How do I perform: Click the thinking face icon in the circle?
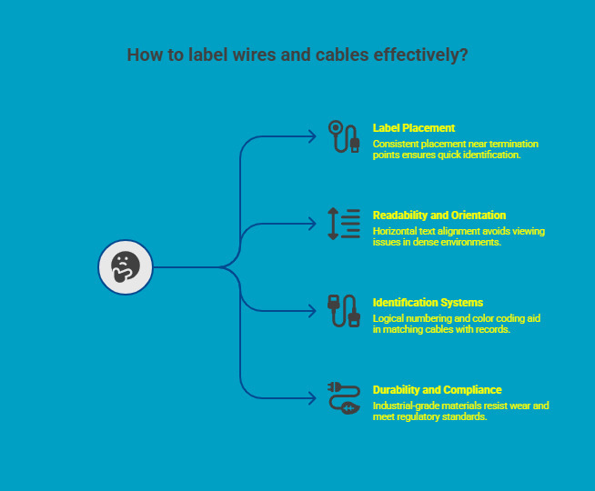point(125,267)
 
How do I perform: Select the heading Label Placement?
point(414,128)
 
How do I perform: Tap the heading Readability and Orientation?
point(439,215)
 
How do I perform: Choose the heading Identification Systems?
point(428,303)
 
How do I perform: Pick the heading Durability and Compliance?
point(437,390)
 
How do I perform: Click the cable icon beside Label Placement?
point(344,136)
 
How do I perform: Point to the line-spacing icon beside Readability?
point(344,224)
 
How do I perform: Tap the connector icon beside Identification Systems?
point(344,311)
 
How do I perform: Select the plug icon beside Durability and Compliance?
point(344,398)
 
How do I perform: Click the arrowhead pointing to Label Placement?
point(312,136)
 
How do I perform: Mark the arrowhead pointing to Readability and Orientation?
point(312,224)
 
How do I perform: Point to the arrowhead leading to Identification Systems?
point(312,311)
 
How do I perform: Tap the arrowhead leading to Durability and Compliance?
point(312,398)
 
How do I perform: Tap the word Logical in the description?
point(388,318)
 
